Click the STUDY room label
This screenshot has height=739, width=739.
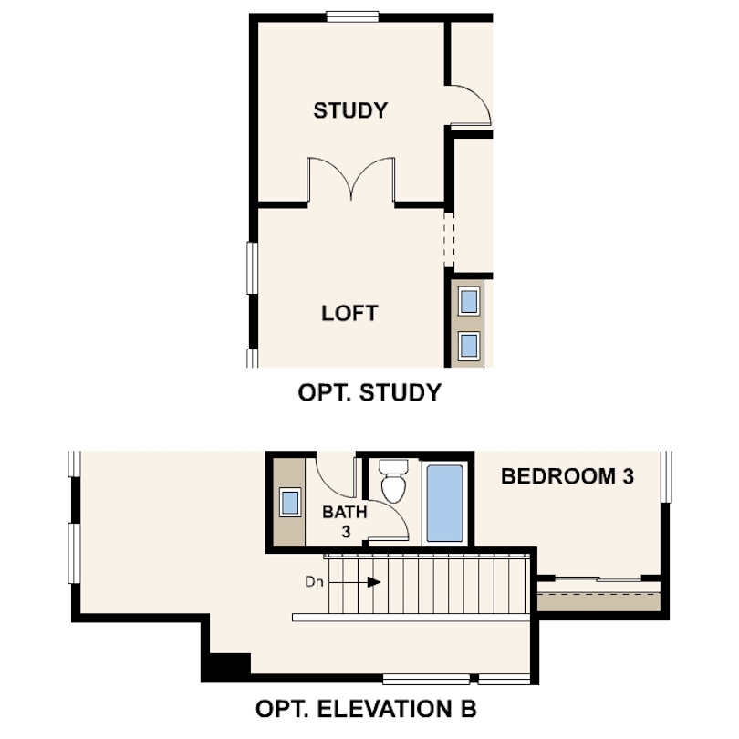pos(350,110)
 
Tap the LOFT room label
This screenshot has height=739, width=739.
pos(349,313)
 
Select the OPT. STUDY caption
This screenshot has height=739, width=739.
pos(369,393)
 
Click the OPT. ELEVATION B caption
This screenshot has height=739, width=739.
pos(365,708)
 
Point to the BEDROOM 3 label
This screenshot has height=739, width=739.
pos(567,475)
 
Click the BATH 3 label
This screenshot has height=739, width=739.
pos(344,521)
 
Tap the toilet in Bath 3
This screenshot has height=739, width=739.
pos(394,482)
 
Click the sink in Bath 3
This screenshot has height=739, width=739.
pos(291,502)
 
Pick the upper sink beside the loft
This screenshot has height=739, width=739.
pos(469,300)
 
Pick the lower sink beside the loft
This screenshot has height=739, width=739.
pos(469,345)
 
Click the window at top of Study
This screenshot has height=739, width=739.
pos(352,15)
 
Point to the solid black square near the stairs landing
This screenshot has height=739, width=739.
pos(227,667)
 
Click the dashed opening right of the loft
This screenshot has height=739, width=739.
pos(448,239)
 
